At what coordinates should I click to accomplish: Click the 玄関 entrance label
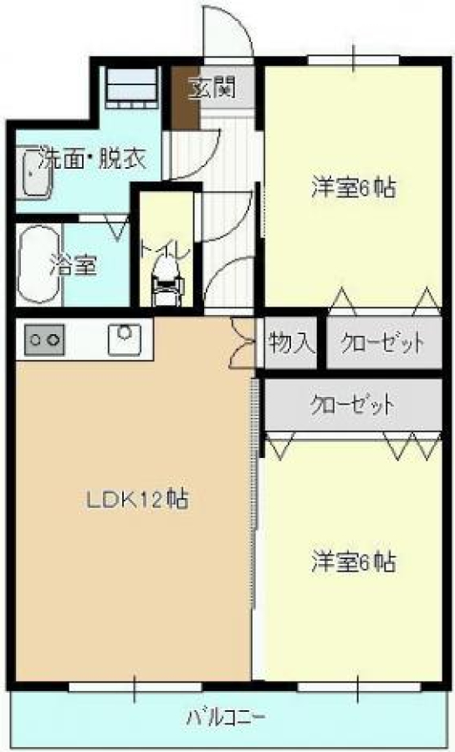[212, 89]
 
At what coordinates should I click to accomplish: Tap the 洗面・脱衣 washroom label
[92, 158]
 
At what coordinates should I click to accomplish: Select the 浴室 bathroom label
[74, 264]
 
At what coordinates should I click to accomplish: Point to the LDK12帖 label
[137, 500]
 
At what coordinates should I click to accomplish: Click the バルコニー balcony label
[225, 718]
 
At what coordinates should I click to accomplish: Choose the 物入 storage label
[292, 343]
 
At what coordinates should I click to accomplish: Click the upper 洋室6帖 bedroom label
[354, 187]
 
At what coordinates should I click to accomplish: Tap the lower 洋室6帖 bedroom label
[354, 561]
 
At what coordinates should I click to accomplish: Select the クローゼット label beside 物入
[382, 343]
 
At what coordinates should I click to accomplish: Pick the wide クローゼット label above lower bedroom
[352, 406]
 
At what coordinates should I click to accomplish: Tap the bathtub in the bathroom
[38, 264]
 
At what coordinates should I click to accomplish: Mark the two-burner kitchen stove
[44, 339]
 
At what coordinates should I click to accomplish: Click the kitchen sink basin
[125, 339]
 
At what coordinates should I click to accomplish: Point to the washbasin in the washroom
[33, 174]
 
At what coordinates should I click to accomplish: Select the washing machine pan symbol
[131, 86]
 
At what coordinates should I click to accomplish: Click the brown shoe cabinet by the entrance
[186, 99]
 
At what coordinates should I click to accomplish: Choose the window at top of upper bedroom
[353, 60]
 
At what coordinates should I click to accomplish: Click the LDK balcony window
[135, 688]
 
